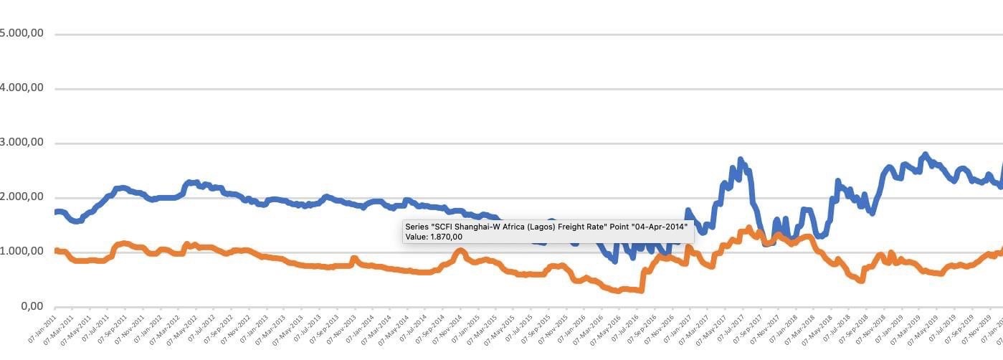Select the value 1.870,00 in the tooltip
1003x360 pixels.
point(445,237)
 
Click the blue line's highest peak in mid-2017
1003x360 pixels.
point(741,160)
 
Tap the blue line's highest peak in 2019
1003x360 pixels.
point(926,155)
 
